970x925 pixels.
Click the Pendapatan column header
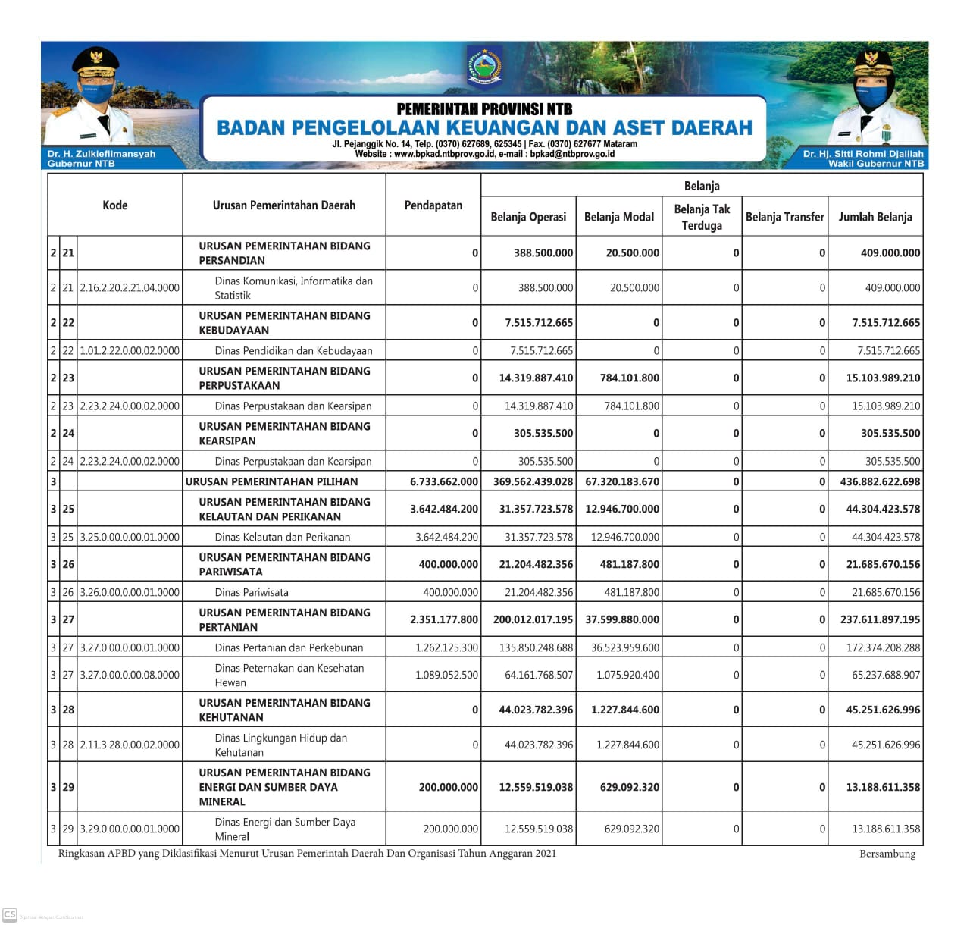(433, 205)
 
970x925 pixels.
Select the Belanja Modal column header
(618, 217)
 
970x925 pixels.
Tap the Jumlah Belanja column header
(875, 217)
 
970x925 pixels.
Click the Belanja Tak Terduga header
(702, 217)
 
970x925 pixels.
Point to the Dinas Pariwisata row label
(251, 592)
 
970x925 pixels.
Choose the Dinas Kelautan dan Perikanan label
(282, 537)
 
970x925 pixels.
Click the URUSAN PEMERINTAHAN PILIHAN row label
(271, 481)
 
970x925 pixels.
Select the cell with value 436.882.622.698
(880, 481)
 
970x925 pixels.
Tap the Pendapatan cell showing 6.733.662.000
(443, 481)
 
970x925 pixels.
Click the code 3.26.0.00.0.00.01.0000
(130, 592)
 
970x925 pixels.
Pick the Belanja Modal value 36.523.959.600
(624, 647)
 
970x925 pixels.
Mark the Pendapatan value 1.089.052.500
(446, 675)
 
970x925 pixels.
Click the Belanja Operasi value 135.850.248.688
(533, 647)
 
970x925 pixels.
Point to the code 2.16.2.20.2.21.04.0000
(130, 288)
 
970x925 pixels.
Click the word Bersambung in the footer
(887, 854)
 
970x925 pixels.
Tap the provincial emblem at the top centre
(483, 67)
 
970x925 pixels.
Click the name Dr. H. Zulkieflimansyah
(101, 154)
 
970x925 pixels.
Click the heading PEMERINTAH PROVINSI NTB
(484, 109)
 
